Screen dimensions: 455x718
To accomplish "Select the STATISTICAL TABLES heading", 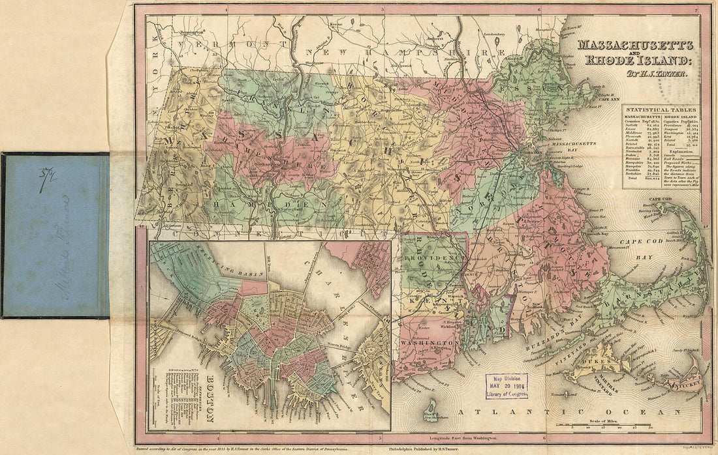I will point(660,110).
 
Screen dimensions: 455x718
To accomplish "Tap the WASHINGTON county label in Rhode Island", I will point(428,342).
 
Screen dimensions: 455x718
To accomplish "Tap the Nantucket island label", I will point(682,376).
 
